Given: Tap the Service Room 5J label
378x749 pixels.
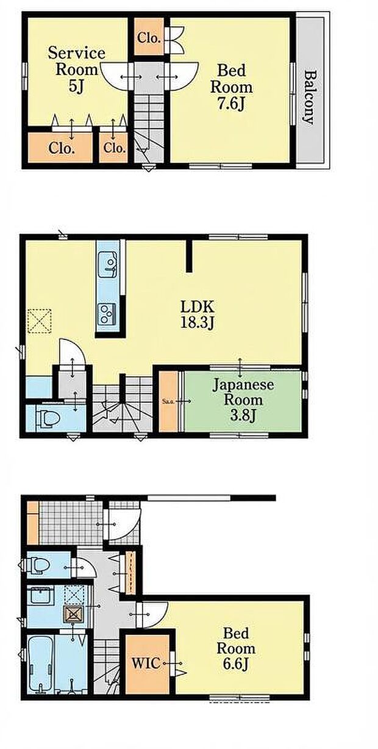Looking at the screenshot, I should click(76, 69).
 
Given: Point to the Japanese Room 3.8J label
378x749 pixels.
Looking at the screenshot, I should click(243, 400).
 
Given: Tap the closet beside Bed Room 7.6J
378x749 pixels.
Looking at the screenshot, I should click(148, 38).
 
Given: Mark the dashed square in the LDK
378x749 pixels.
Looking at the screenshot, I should click(40, 320).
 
